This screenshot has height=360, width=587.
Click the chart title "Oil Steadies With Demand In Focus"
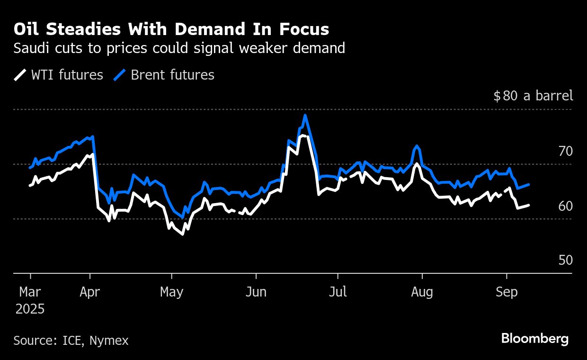pyautogui.click(x=171, y=29)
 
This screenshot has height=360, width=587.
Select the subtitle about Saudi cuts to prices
pyautogui.click(x=179, y=48)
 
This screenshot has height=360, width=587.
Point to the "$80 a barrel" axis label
pyautogui.click(x=533, y=96)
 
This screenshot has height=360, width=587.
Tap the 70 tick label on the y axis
pyautogui.click(x=565, y=152)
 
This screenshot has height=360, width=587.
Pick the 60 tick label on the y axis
pyautogui.click(x=565, y=206)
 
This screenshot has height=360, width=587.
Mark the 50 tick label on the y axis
pyautogui.click(x=565, y=261)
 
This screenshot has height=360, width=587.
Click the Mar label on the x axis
pyautogui.click(x=30, y=292)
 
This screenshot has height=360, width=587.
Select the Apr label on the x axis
pyautogui.click(x=90, y=292)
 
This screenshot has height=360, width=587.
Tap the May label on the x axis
pyautogui.click(x=171, y=292)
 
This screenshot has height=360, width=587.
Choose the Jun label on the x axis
pyautogui.click(x=256, y=292)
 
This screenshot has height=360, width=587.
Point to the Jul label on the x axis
pyautogui.click(x=338, y=292)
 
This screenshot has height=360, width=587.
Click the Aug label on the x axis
pyautogui.click(x=422, y=292)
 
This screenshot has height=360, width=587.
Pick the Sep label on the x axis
pyautogui.click(x=507, y=292)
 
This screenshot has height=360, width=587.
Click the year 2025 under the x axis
pyautogui.click(x=30, y=309)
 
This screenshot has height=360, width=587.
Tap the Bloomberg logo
pyautogui.click(x=534, y=339)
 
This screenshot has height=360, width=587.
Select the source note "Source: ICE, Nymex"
pyautogui.click(x=71, y=340)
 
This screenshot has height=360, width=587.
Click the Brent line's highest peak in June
pyautogui.click(x=305, y=115)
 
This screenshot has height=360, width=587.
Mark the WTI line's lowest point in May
pyautogui.click(x=182, y=234)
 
